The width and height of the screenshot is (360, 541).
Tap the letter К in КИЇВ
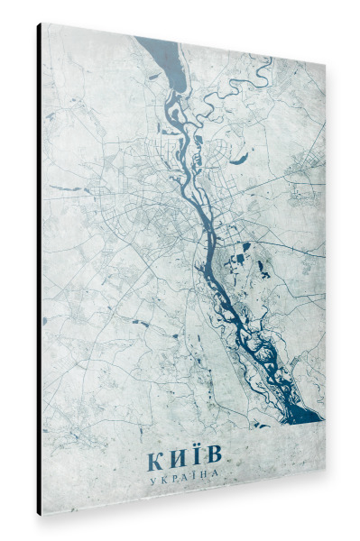155,460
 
